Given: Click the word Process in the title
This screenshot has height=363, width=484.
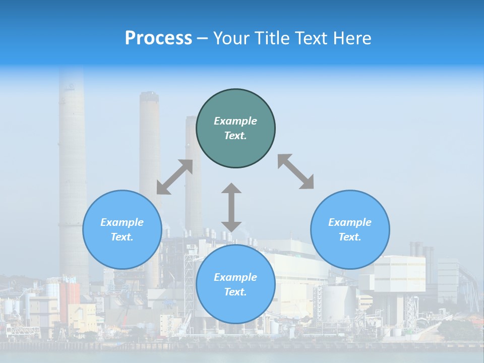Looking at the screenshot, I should [x=158, y=38].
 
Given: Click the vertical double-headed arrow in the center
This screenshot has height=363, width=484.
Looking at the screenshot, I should [x=231, y=208].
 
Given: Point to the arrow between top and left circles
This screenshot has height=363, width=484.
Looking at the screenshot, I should [x=174, y=177].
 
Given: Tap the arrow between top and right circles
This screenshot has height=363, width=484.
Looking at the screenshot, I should [x=295, y=171].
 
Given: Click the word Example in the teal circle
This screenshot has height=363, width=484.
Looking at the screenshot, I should [x=235, y=121].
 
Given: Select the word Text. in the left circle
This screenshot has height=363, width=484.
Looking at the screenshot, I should [x=122, y=237].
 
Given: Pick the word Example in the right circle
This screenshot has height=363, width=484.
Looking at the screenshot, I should [x=350, y=222].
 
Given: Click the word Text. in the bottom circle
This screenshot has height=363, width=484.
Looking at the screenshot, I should [x=235, y=292].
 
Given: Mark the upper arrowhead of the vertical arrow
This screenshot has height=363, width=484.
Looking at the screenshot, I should [x=231, y=189].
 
